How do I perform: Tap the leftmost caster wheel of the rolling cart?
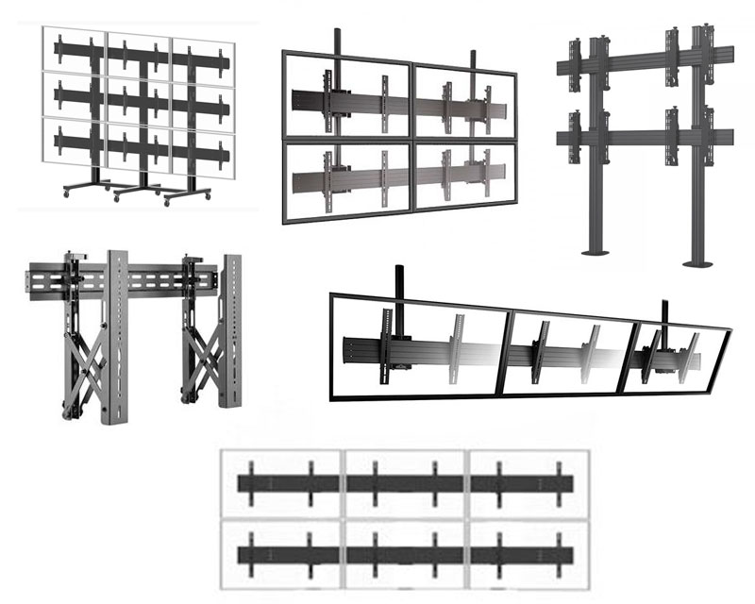(x=66, y=193)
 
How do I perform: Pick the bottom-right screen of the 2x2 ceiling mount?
(x=464, y=176)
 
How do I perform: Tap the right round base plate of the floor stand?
(x=703, y=261)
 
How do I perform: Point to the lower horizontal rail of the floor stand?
(x=642, y=138)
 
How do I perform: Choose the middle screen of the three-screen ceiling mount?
(x=564, y=354)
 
